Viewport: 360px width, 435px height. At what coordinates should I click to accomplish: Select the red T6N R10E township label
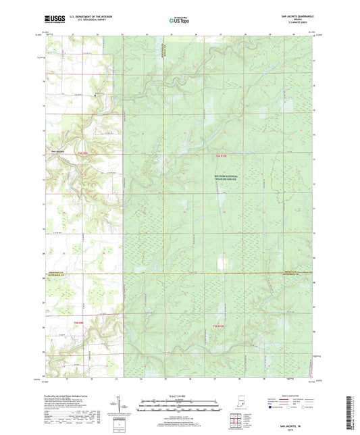[x=213, y=155]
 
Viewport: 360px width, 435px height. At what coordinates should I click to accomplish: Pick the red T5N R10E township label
[x=217, y=327]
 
